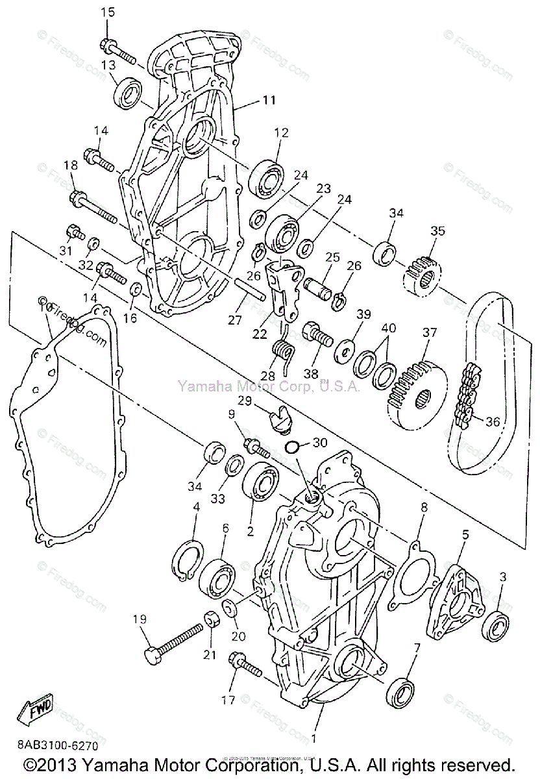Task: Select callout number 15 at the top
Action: [108, 12]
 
